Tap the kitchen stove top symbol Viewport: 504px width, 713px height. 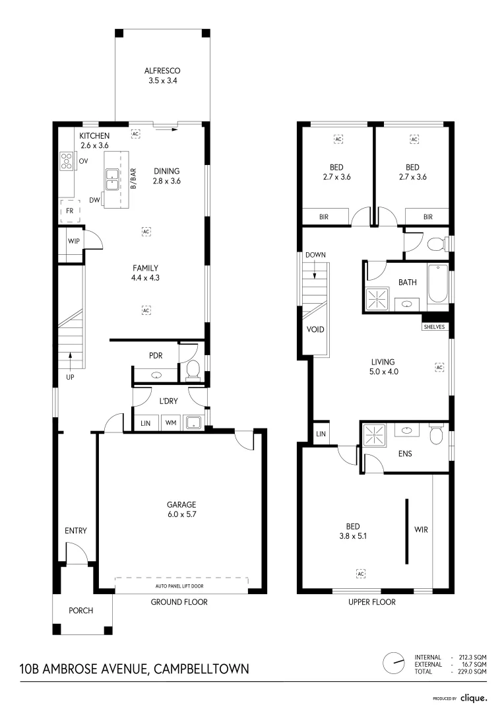click(67, 160)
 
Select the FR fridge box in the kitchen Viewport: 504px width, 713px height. click(69, 211)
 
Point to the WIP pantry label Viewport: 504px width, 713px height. click(73, 241)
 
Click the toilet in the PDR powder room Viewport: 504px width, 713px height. click(193, 372)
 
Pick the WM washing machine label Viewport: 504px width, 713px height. click(170, 422)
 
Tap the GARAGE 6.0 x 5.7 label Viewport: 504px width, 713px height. click(181, 510)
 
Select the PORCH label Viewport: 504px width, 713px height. click(81, 611)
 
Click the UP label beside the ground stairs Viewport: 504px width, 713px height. click(70, 377)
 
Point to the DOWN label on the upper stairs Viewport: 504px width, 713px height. click(315, 255)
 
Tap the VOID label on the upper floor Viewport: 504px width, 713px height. click(315, 329)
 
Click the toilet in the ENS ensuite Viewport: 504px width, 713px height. click(436, 434)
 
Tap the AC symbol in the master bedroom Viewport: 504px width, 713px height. click(361, 574)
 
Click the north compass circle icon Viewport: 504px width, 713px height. click(394, 663)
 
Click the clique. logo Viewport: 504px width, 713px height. click(474, 697)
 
